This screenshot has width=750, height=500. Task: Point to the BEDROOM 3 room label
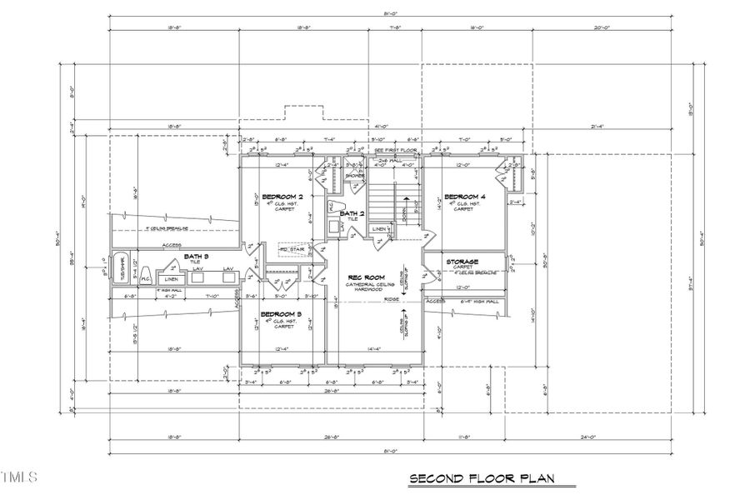pos(281,314)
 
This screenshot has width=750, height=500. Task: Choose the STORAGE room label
pos(463,262)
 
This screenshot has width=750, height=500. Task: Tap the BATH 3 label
pos(196,256)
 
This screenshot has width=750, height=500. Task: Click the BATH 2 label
pos(352,213)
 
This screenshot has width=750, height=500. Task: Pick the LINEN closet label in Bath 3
pos(171,279)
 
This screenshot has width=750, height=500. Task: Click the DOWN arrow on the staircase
pos(407,207)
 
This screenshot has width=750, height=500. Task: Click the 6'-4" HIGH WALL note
pos(480,302)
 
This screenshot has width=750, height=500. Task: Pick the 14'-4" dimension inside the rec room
pos(373,349)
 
